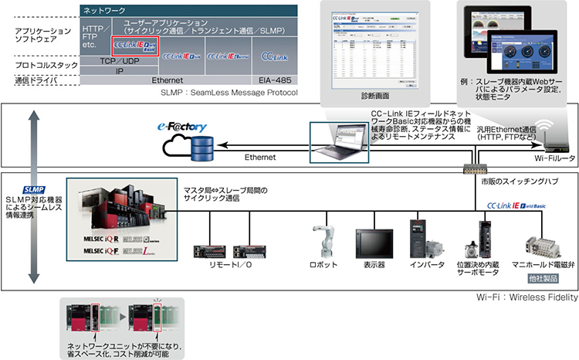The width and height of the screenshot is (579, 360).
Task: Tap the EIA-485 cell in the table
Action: [275, 80]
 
